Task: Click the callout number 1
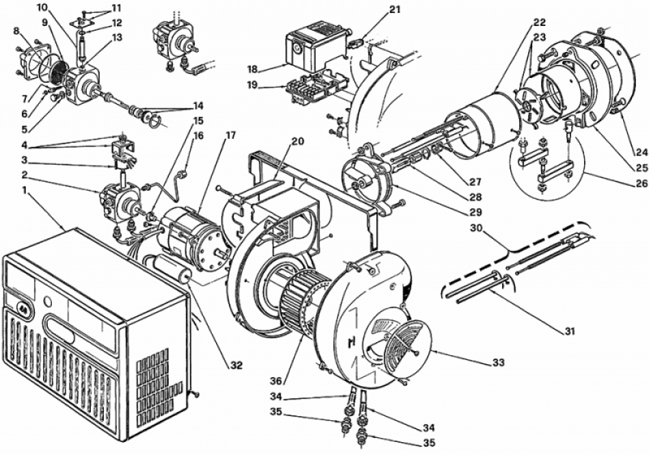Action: tap(25, 203)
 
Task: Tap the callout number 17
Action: tap(230, 135)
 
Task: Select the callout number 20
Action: tap(298, 141)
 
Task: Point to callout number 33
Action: tap(498, 363)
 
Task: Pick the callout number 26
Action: tap(640, 182)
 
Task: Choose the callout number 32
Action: tap(236, 365)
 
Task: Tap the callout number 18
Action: tap(253, 68)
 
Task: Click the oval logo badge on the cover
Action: tap(20, 307)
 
